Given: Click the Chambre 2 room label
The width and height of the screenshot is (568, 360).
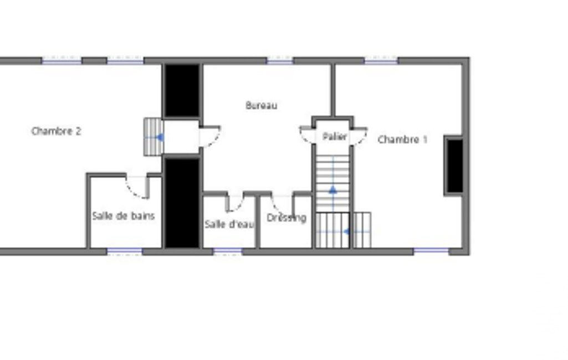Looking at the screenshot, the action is click(56, 131).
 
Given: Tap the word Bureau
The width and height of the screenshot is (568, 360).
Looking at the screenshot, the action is click(261, 105).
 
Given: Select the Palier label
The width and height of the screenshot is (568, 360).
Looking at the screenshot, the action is click(334, 137).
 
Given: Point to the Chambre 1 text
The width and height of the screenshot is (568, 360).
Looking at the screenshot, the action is click(402, 140).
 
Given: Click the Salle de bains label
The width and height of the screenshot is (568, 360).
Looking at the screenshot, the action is click(124, 216).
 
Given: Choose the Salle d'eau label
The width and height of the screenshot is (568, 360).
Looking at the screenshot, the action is click(229, 224).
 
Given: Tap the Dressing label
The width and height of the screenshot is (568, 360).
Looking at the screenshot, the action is click(286, 218).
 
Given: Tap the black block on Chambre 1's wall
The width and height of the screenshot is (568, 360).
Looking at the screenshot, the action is click(454, 166).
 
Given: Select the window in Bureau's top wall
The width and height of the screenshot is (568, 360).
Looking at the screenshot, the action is click(280, 60).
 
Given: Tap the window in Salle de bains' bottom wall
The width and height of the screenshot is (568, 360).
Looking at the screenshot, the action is click(125, 251).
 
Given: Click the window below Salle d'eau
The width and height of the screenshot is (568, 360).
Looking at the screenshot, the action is click(228, 251).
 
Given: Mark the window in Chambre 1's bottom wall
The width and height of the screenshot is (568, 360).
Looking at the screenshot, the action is click(431, 251).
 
